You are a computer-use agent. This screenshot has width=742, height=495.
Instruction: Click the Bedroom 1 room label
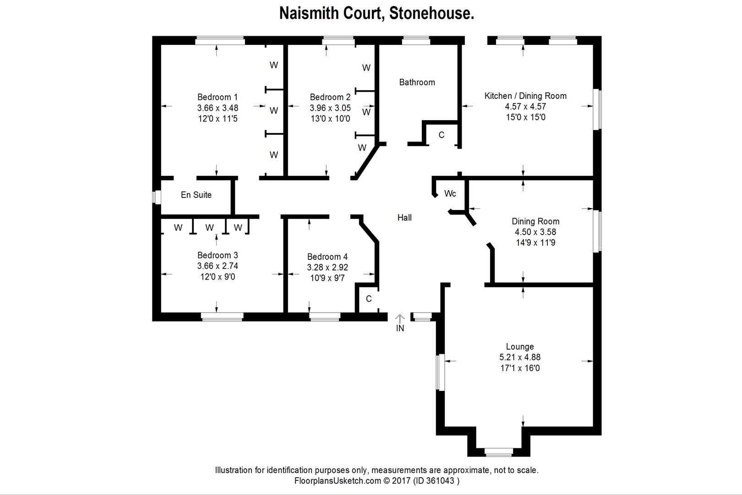(x=218, y=97)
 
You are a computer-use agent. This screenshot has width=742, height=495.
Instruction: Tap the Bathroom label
(x=417, y=82)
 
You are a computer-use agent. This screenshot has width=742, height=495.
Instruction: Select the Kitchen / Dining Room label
(x=525, y=96)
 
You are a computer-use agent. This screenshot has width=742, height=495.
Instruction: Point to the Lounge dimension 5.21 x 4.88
(x=520, y=357)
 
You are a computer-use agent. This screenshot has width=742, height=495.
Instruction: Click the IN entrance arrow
(x=400, y=318)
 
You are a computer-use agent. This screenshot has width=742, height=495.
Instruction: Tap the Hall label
(x=404, y=218)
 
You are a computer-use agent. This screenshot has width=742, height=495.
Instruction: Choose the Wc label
(x=450, y=194)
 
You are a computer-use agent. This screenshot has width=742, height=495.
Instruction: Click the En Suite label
(x=196, y=195)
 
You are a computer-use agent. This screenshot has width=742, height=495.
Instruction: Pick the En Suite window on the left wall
(x=157, y=197)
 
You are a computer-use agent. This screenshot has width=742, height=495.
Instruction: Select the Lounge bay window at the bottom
(x=499, y=452)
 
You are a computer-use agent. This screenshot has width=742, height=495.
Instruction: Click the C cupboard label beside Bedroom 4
(x=369, y=299)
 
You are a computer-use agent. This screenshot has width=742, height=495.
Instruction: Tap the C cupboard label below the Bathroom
(x=442, y=135)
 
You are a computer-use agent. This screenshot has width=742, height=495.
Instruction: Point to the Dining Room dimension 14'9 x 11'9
(x=535, y=243)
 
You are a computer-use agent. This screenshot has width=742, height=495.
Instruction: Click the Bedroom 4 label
(x=327, y=257)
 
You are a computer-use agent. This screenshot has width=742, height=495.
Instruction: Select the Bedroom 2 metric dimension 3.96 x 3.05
(x=330, y=108)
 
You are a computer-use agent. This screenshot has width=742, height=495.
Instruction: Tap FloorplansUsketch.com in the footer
(x=338, y=481)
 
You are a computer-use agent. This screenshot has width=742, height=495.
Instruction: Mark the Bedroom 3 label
(x=218, y=255)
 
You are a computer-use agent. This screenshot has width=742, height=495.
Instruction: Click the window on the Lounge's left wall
(x=440, y=372)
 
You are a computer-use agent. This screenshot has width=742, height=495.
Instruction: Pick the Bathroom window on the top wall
(x=416, y=41)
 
